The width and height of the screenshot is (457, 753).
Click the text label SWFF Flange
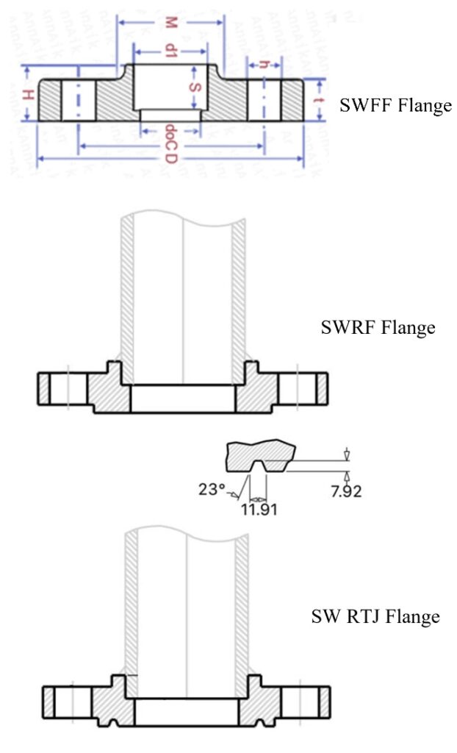395,106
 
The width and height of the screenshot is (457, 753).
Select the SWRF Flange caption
378,327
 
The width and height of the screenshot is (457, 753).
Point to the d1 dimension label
170,51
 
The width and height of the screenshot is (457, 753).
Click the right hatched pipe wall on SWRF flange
237,294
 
